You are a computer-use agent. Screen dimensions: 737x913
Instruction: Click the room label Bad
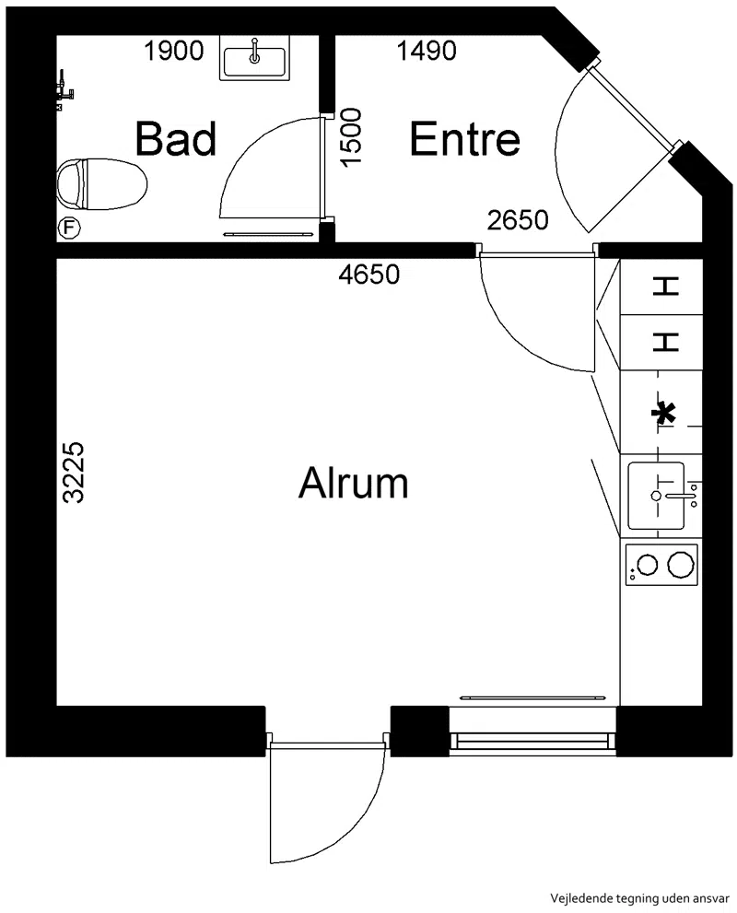(x=175, y=138)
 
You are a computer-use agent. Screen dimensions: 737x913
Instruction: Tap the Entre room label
(x=464, y=138)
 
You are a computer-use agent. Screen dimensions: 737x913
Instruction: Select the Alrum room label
(x=354, y=482)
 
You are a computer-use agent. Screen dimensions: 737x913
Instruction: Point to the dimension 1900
(x=173, y=52)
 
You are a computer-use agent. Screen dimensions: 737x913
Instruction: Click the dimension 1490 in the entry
(x=427, y=52)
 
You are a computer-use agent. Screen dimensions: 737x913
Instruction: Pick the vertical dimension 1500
(x=351, y=138)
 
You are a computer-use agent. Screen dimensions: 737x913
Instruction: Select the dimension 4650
(x=369, y=275)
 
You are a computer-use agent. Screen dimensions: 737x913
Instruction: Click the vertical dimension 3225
(x=75, y=473)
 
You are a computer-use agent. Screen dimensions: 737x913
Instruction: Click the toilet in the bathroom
(x=102, y=184)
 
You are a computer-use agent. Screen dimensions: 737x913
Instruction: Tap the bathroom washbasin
(x=254, y=57)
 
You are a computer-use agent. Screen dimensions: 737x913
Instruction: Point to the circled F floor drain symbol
(x=69, y=228)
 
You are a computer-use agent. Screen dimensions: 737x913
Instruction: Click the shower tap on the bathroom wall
(x=64, y=90)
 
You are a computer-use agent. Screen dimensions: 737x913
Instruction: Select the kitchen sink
(x=657, y=496)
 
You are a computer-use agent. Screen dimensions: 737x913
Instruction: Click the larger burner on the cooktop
(x=681, y=564)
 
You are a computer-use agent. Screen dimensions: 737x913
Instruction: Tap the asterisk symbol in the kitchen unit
(x=663, y=413)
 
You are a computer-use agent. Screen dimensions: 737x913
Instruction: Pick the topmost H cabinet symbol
(x=665, y=287)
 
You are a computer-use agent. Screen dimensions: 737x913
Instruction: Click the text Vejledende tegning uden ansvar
(x=639, y=898)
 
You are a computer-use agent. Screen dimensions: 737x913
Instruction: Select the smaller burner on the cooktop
(x=648, y=564)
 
